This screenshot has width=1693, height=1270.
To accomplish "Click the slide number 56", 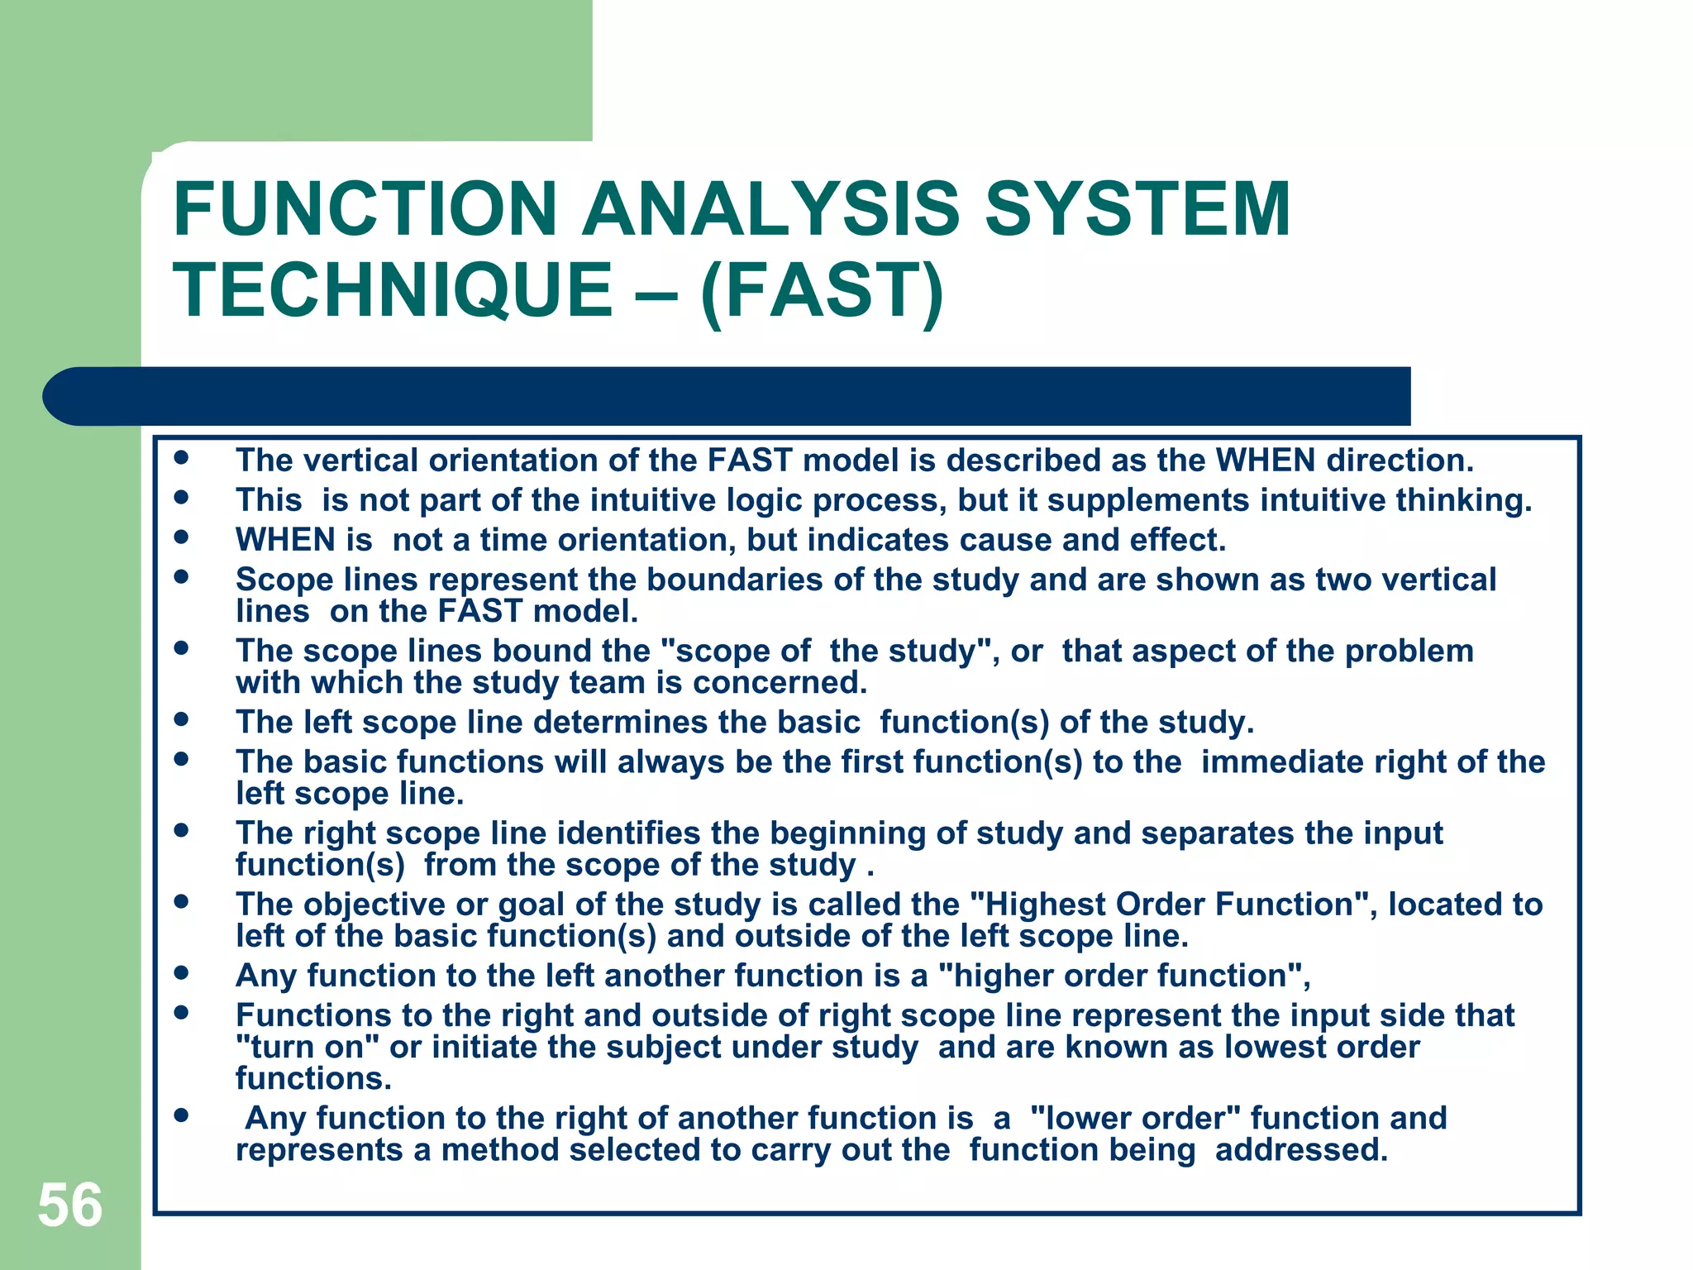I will [x=70, y=1206].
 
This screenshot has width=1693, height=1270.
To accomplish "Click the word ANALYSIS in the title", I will [x=770, y=209].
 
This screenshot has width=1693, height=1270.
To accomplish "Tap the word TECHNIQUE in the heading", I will [x=393, y=289].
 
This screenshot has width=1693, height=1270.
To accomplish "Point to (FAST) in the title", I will [x=822, y=291].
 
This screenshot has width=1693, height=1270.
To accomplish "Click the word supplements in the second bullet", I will [x=1149, y=501].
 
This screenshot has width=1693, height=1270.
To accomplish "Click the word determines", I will [x=621, y=723].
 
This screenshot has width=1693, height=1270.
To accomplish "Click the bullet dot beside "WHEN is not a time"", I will [x=181, y=537].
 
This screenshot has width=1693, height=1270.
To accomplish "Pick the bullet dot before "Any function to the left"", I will [x=181, y=972].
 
